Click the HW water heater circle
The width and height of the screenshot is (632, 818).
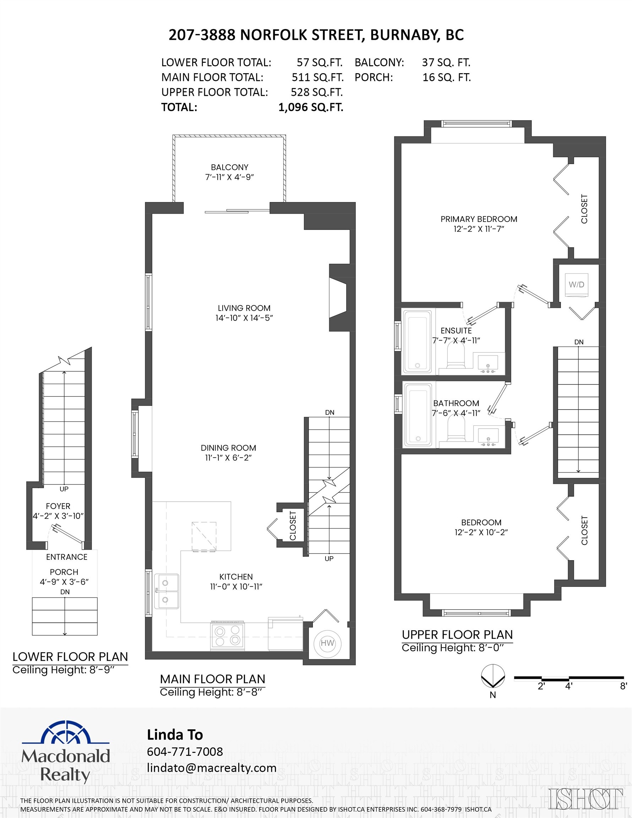pyautogui.click(x=327, y=643)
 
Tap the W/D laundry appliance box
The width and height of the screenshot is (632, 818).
pyautogui.click(x=576, y=285)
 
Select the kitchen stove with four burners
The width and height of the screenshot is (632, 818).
pyautogui.click(x=227, y=635)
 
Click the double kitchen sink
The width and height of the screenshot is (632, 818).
pyautogui.click(x=166, y=591)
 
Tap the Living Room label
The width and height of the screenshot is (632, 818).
pyautogui.click(x=244, y=308)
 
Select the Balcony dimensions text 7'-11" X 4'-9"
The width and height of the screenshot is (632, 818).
pyautogui.click(x=229, y=177)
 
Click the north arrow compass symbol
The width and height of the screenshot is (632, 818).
pyautogui.click(x=492, y=676)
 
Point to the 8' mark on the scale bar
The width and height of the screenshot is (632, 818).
pyautogui.click(x=623, y=686)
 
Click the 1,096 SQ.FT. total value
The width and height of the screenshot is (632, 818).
pyautogui.click(x=311, y=108)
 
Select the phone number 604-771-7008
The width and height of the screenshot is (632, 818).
pyautogui.click(x=185, y=752)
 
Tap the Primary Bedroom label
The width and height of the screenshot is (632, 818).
pyautogui.click(x=478, y=219)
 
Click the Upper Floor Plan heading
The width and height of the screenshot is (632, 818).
pyautogui.click(x=457, y=634)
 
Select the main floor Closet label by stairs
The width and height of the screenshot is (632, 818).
pyautogui.click(x=293, y=526)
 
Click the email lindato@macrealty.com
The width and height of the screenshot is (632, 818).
pyautogui.click(x=211, y=768)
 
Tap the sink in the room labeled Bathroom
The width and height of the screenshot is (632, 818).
pyautogui.click(x=488, y=436)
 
